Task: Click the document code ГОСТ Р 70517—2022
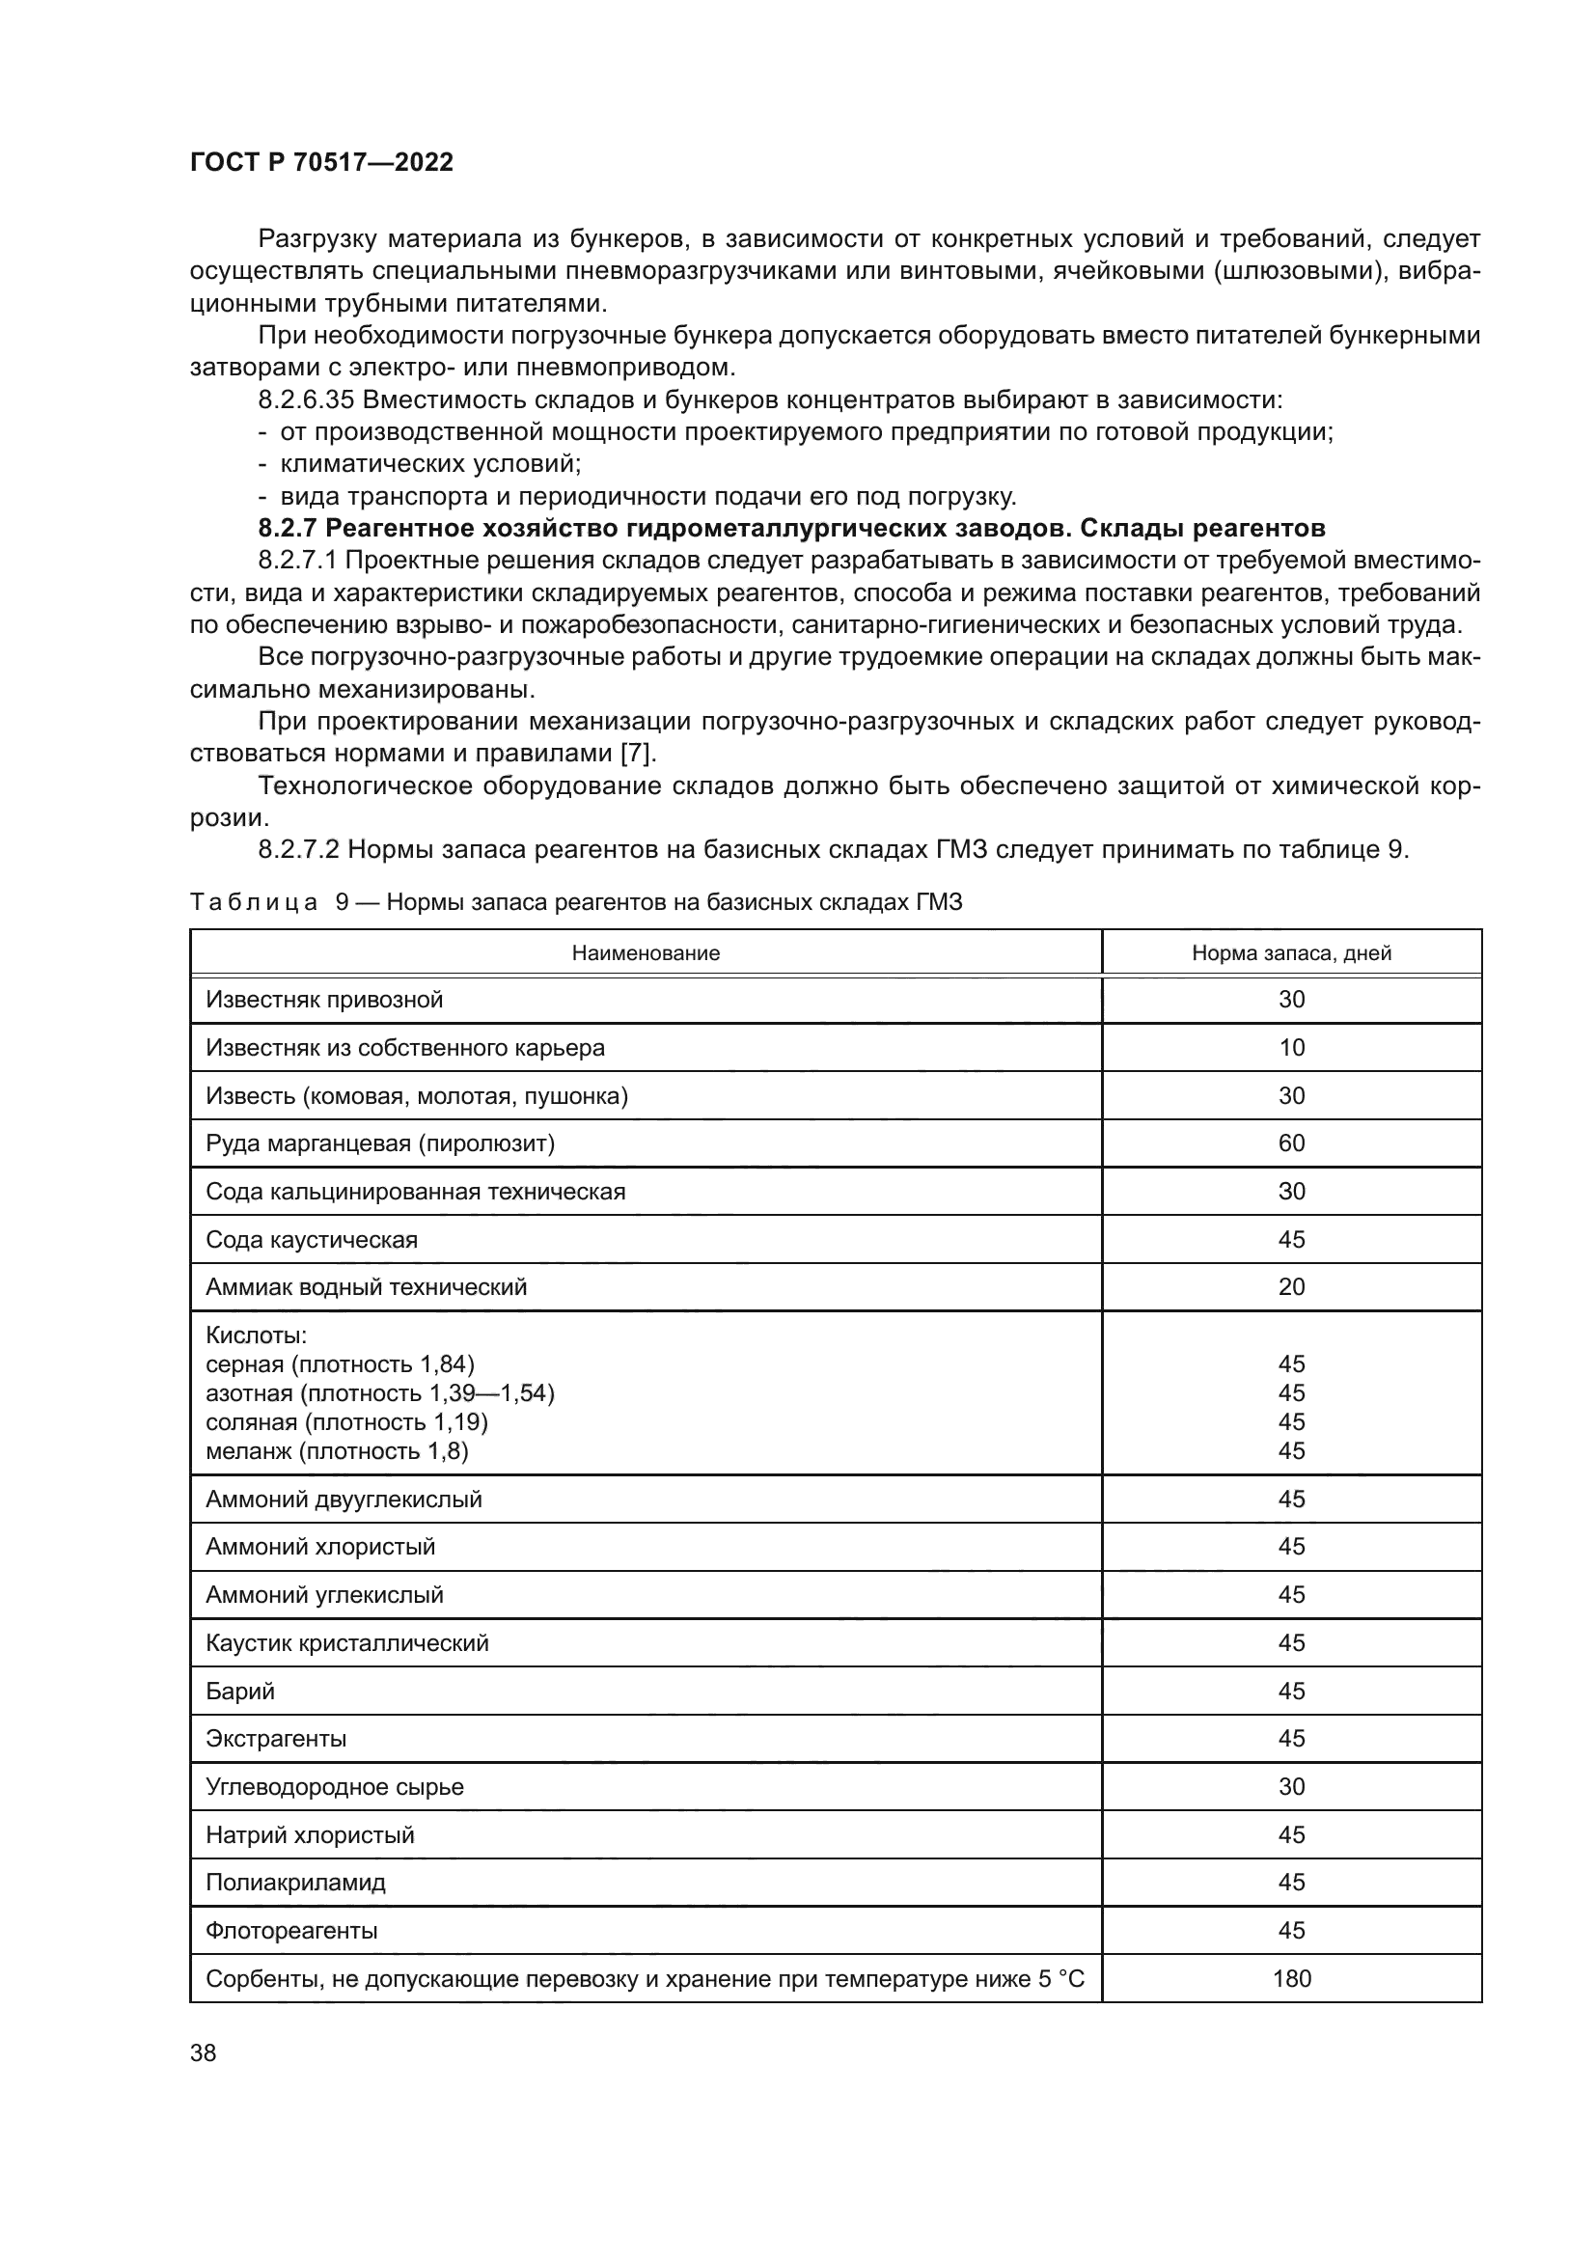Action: pos(321,162)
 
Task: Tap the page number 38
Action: pos(204,2052)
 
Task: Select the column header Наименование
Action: pos(646,952)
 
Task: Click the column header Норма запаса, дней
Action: pos(1291,952)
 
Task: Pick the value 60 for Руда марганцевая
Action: pos(1291,1143)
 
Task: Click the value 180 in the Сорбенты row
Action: pos(1291,1979)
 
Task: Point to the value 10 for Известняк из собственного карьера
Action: pos(1291,1048)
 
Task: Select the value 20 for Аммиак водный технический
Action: pos(1291,1287)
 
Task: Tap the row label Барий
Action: pos(240,1691)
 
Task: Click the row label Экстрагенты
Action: pos(276,1739)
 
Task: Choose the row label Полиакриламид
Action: pos(296,1883)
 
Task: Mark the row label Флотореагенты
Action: pos(290,1931)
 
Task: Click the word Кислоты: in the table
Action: pos(257,1335)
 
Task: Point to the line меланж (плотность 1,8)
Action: pos(337,1451)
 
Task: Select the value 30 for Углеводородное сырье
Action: pos(1291,1787)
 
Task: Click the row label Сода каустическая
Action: pos(312,1240)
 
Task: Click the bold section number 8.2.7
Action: pos(288,529)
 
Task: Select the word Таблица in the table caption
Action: pos(254,902)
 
